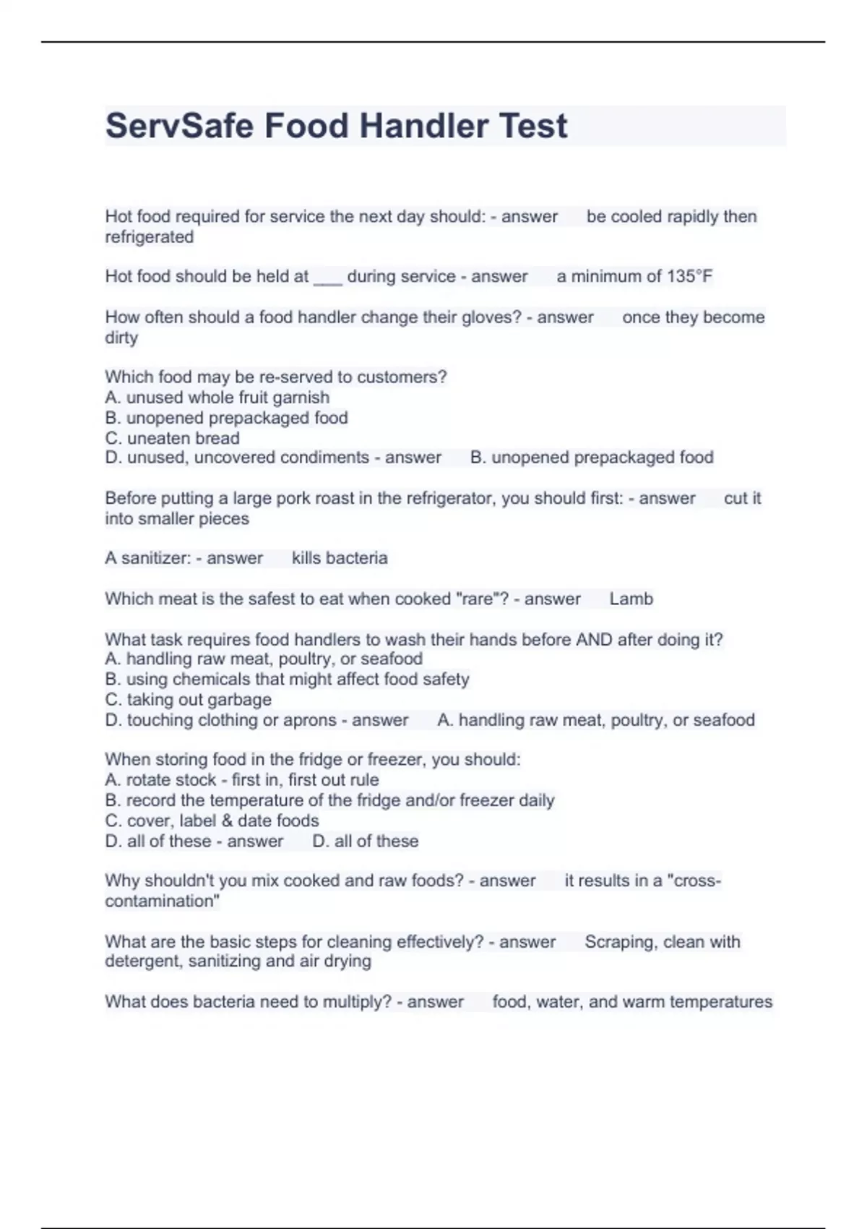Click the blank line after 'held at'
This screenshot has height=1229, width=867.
tap(327, 279)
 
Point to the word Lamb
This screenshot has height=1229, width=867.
tap(631, 599)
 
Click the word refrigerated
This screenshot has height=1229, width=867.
tap(149, 237)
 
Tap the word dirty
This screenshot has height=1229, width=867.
tap(121, 338)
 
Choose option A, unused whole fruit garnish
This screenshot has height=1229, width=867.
tap(217, 398)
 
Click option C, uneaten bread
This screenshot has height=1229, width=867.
tap(172, 438)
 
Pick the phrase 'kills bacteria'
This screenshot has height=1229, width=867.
tap(340, 558)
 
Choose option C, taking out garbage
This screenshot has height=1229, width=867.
tap(188, 700)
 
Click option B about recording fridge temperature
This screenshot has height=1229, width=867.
tap(329, 800)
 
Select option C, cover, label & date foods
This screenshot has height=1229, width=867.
tap(212, 821)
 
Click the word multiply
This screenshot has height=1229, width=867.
tap(357, 1002)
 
